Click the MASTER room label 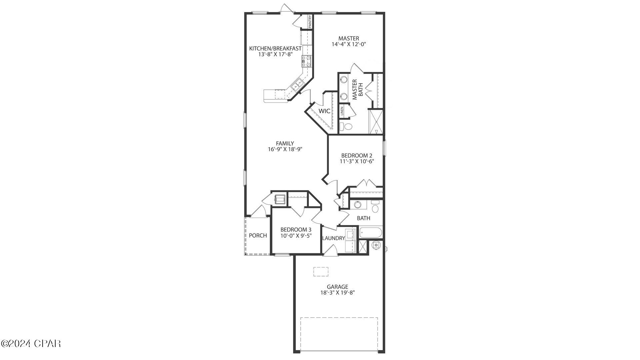coord(349,38)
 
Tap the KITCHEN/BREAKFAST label coord(275,49)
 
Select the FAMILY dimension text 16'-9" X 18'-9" coord(285,149)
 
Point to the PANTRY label coord(310,21)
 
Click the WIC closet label coord(324,111)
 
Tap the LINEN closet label coord(342,111)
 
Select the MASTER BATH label coord(357,89)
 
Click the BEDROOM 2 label coord(356,155)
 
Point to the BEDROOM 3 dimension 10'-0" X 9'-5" coord(296,236)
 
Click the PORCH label coord(258,235)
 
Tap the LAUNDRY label coord(333,238)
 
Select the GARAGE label coord(337,287)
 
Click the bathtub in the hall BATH coord(371,232)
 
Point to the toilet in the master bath coord(347,127)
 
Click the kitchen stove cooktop coord(306,61)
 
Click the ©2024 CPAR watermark coord(31,343)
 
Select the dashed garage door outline coord(339,334)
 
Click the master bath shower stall coord(376,122)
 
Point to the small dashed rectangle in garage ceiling coord(321,271)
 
